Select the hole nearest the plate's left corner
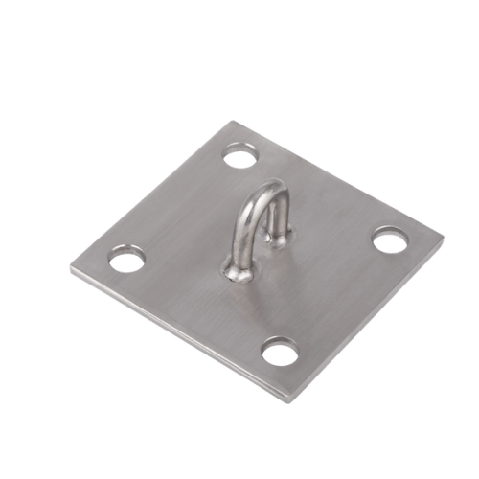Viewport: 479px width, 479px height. (125, 258)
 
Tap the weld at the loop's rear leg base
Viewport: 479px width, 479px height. (278, 241)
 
